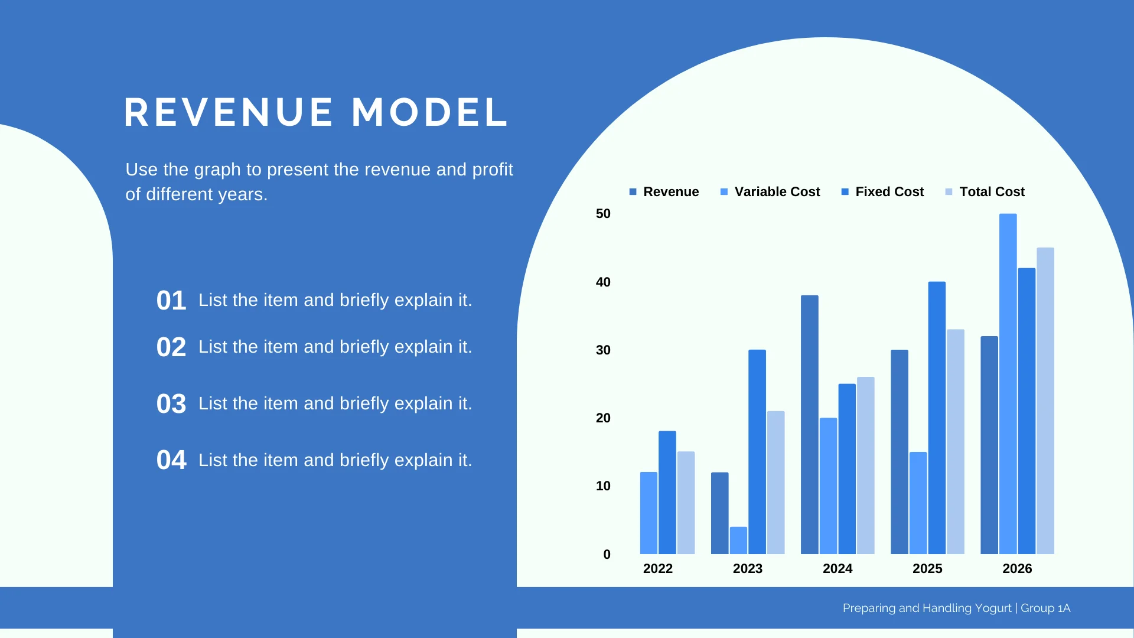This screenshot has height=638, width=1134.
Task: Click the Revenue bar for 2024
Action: pyautogui.click(x=810, y=425)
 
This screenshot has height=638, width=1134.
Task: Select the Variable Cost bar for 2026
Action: pyautogui.click(x=1008, y=384)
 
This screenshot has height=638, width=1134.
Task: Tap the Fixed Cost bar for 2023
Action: pyautogui.click(x=757, y=452)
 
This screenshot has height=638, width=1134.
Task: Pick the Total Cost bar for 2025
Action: pyautogui.click(x=956, y=442)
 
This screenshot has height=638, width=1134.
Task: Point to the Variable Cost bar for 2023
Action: pyautogui.click(x=738, y=541)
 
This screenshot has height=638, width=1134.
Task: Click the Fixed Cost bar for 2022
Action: pyautogui.click(x=667, y=493)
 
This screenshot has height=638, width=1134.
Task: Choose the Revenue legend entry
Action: pyautogui.click(x=664, y=192)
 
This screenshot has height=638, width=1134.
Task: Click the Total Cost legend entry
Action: pyautogui.click(x=985, y=192)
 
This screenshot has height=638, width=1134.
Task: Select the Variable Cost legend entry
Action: pyautogui.click(x=770, y=192)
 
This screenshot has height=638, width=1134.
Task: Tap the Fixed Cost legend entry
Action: pyautogui.click(x=882, y=192)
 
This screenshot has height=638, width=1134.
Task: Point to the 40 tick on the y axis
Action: pyautogui.click(x=603, y=282)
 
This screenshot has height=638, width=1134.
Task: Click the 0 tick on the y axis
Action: pyautogui.click(x=607, y=555)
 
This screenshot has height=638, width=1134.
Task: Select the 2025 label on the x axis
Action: pyautogui.click(x=927, y=569)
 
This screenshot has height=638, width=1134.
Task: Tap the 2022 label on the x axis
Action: pyautogui.click(x=658, y=569)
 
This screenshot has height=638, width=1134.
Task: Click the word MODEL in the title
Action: pyautogui.click(x=429, y=112)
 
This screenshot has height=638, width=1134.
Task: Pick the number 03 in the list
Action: pyautogui.click(x=171, y=404)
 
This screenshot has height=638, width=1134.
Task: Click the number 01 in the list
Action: pyautogui.click(x=171, y=301)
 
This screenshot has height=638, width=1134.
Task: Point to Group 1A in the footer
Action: pyautogui.click(x=1045, y=608)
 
